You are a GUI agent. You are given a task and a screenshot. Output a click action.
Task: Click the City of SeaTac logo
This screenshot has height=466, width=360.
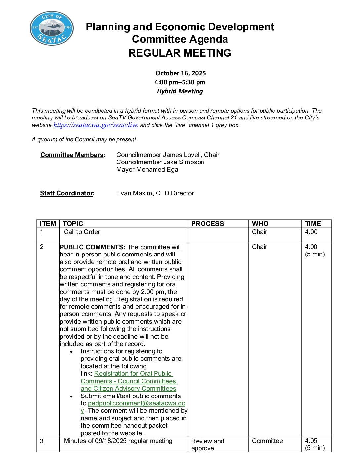(x=52, y=28)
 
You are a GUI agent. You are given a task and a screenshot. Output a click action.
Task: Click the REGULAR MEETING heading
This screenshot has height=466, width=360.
(x=180, y=53)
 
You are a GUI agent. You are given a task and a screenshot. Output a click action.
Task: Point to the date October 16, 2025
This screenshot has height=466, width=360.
(x=180, y=73)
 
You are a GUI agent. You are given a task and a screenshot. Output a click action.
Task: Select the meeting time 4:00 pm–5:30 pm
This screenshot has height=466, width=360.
(x=180, y=82)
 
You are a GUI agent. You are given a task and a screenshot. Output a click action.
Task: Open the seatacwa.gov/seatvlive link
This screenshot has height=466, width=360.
(x=96, y=125)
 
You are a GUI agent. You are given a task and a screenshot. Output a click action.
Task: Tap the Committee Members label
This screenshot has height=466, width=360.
(x=72, y=155)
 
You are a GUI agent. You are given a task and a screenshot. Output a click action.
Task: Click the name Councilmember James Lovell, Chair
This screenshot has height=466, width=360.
(x=168, y=155)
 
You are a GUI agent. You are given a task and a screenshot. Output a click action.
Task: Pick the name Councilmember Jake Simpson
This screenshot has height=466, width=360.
(x=160, y=162)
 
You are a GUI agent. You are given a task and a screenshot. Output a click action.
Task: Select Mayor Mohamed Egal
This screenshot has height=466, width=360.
(x=148, y=170)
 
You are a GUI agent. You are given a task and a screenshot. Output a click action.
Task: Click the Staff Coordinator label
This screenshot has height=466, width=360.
(x=67, y=193)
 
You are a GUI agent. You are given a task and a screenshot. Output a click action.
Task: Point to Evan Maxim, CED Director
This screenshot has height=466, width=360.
(x=155, y=193)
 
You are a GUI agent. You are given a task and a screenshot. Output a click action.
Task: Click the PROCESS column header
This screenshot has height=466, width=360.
(x=207, y=224)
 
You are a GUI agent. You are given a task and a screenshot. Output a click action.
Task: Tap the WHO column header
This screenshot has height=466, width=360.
(x=260, y=224)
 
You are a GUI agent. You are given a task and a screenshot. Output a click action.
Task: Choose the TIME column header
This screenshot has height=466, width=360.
(x=313, y=224)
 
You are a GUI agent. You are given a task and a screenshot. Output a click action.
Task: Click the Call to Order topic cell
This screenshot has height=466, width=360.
(x=82, y=232)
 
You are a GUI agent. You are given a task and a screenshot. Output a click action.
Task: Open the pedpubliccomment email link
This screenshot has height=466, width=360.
(x=136, y=403)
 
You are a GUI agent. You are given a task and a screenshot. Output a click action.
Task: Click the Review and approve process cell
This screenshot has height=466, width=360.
(x=207, y=444)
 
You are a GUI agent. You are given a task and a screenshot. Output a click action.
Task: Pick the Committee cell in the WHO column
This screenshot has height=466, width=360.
(x=267, y=441)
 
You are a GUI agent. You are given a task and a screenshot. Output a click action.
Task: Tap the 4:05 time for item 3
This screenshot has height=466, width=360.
(x=311, y=441)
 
